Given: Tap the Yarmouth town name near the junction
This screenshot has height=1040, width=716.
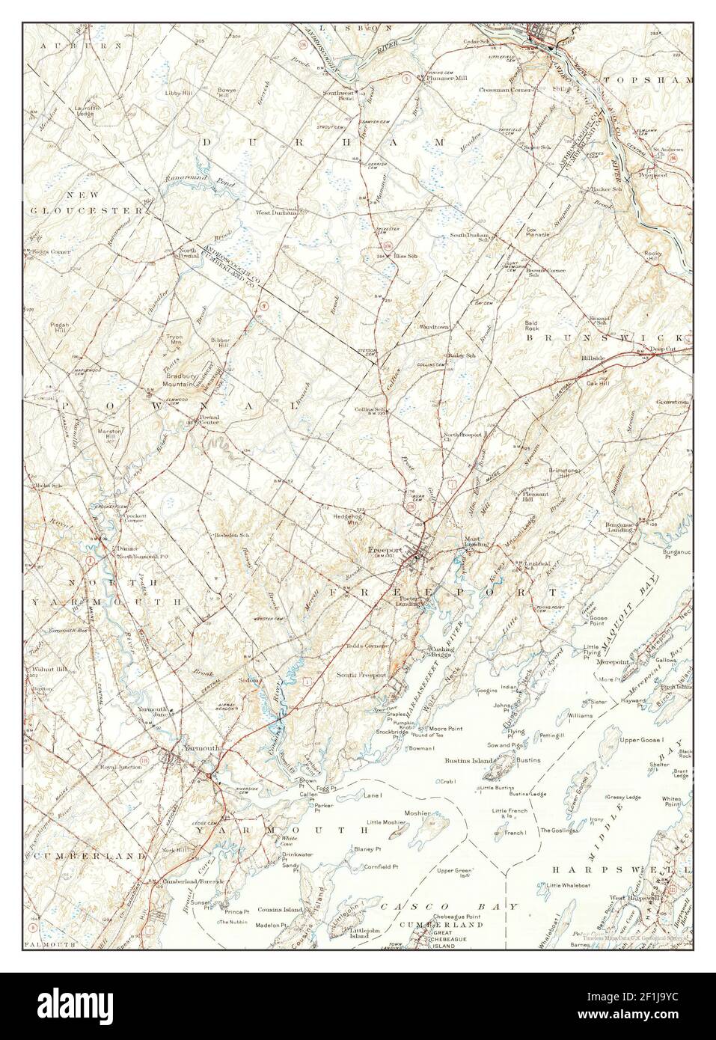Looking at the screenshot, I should tap(182, 747).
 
